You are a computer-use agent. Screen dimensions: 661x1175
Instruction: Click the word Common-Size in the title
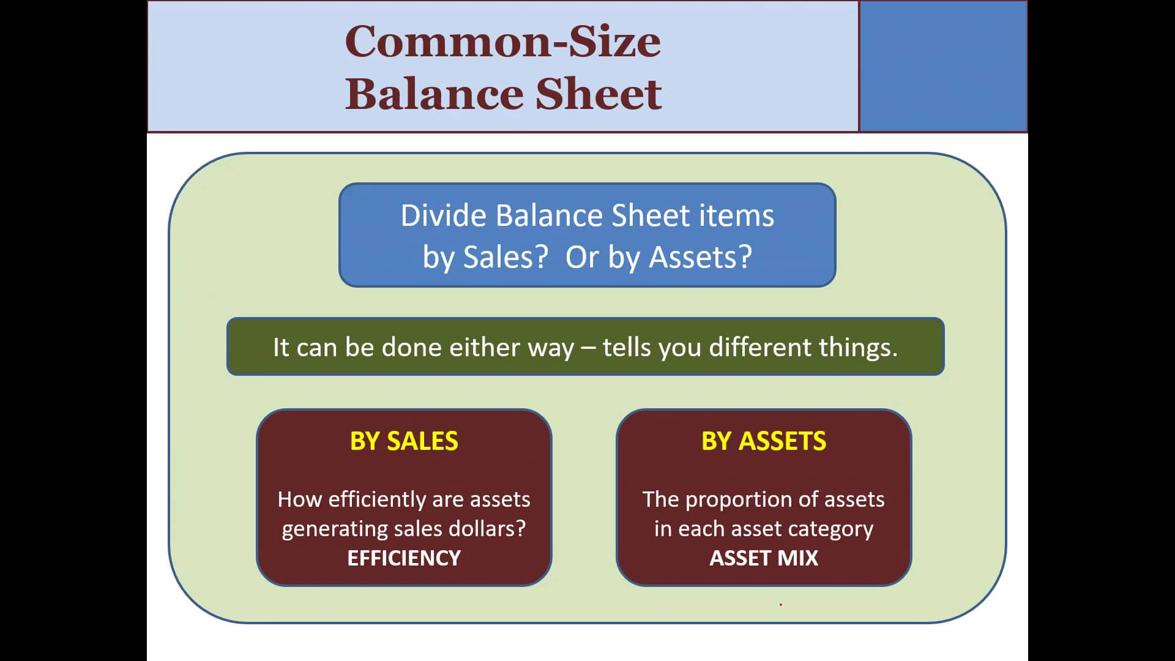coord(502,41)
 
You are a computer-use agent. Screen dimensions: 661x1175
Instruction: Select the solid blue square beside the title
coord(943,65)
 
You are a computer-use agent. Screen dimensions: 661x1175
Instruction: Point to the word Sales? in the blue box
coord(505,257)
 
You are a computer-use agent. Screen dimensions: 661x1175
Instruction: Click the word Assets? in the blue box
coord(700,257)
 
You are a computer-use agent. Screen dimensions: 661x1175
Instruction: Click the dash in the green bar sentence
coord(588,348)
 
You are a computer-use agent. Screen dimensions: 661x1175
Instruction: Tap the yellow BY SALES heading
coord(404,441)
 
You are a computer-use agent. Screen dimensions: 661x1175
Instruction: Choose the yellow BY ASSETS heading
coord(764,441)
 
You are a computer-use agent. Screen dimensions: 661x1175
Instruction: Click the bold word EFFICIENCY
coord(404,558)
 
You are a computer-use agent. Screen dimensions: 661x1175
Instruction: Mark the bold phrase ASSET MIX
coord(764,558)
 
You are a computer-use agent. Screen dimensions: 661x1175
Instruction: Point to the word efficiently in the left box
coord(378,499)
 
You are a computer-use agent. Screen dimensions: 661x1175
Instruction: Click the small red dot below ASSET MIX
coord(781,605)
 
